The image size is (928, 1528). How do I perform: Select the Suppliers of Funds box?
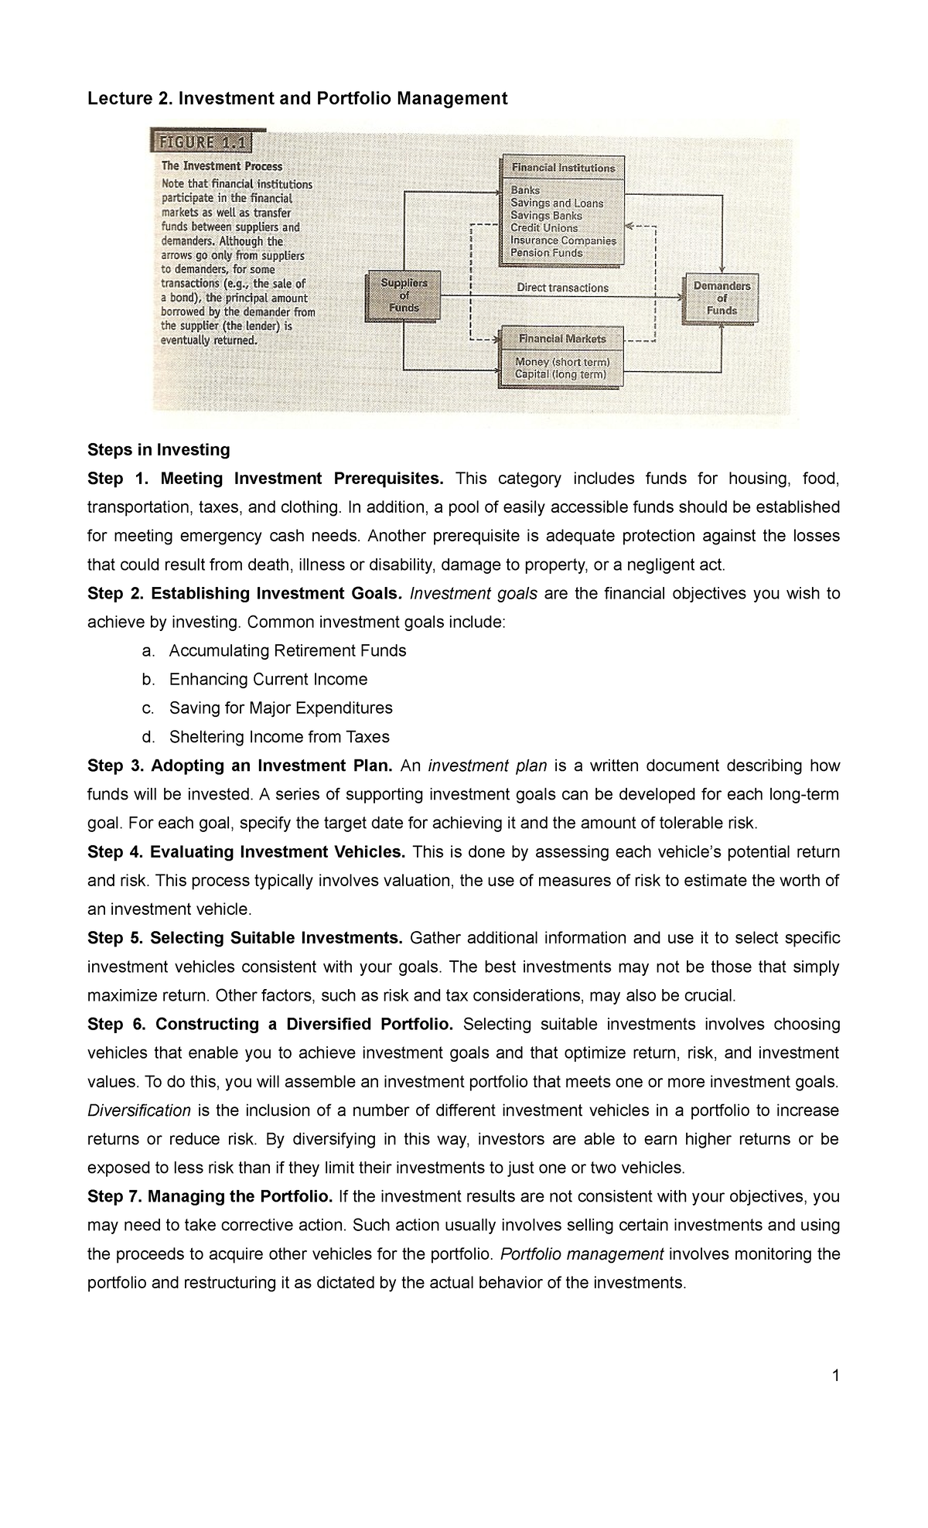(x=404, y=295)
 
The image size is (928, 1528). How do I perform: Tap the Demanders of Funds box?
(x=721, y=298)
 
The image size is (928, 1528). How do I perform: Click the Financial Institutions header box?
(x=562, y=168)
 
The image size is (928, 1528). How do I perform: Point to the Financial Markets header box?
(x=562, y=339)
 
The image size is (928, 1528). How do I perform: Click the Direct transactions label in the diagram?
(x=562, y=288)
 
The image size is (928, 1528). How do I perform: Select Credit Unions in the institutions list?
(x=544, y=228)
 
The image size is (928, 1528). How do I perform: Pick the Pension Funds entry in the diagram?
(x=546, y=253)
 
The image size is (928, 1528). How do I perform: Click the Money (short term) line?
(x=562, y=362)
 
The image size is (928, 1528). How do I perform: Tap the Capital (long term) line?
(x=561, y=375)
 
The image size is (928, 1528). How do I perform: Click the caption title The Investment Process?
(x=221, y=166)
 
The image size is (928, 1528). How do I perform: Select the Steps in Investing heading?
(x=159, y=450)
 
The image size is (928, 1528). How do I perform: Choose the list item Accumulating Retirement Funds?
(x=287, y=651)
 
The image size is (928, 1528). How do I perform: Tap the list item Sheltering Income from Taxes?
(x=279, y=737)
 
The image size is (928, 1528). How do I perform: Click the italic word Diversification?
(x=139, y=1110)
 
